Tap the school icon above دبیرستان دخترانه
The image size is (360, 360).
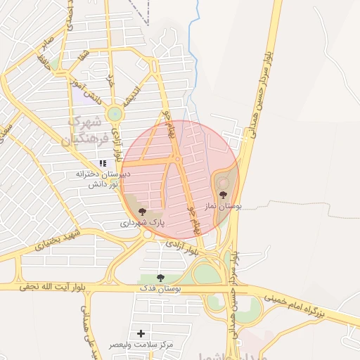(x=103, y=162)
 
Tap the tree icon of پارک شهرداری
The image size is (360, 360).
(x=142, y=211)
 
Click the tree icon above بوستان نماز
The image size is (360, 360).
(x=223, y=195)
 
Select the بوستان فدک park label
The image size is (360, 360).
(x=160, y=288)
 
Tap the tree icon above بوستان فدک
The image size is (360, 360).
(x=160, y=277)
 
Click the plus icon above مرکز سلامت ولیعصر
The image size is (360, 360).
(x=141, y=333)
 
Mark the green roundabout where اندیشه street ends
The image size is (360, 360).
(x=114, y=113)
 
